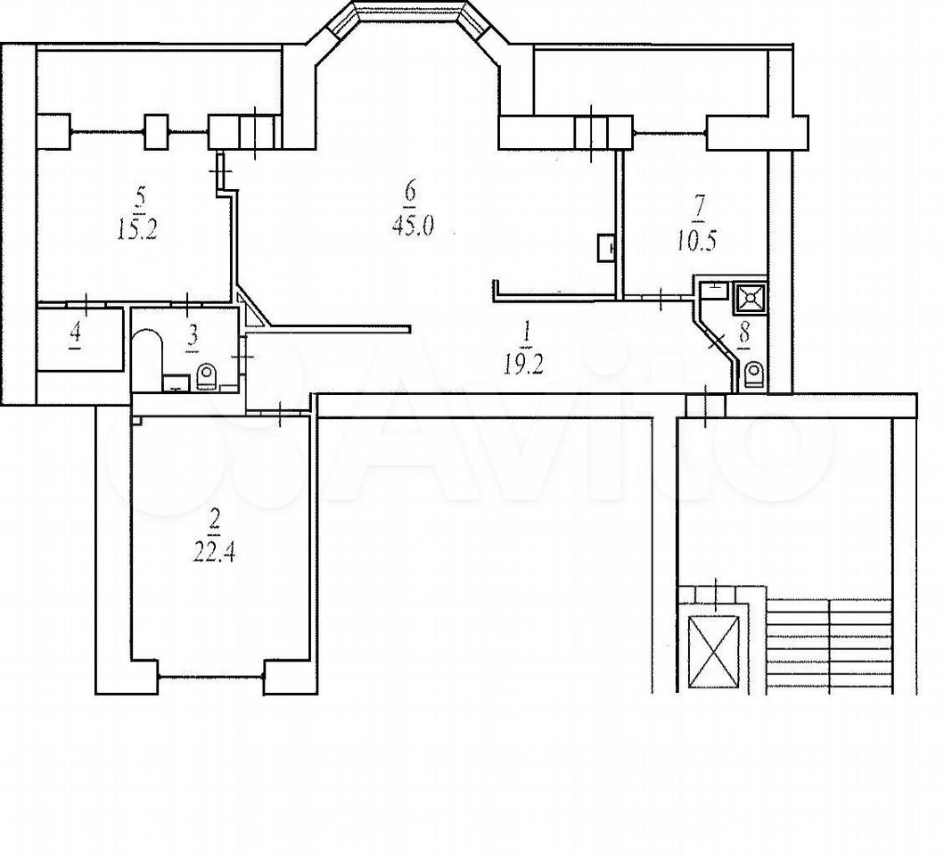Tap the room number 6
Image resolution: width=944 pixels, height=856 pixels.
click(x=411, y=193)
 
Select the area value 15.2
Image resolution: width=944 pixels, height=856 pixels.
click(x=137, y=231)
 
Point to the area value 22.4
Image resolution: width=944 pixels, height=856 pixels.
click(x=214, y=552)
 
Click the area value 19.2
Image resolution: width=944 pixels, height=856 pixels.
click(x=524, y=365)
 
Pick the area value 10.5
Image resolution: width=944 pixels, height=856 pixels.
click(x=696, y=241)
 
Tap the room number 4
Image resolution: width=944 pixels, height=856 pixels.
click(x=76, y=335)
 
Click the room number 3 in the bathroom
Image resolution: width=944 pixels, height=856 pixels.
click(x=192, y=336)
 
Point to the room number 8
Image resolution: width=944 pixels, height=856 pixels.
click(x=744, y=333)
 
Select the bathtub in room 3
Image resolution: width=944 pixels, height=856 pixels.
click(x=147, y=359)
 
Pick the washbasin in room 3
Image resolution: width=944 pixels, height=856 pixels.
click(x=176, y=383)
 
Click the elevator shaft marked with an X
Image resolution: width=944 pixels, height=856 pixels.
click(x=713, y=651)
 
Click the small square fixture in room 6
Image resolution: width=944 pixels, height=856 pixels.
click(x=605, y=248)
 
